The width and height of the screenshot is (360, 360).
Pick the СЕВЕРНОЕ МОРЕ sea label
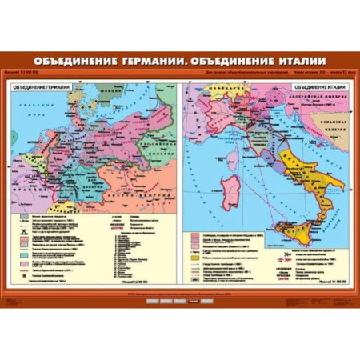point(30,111)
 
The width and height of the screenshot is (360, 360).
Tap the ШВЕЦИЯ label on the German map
point(106,90)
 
